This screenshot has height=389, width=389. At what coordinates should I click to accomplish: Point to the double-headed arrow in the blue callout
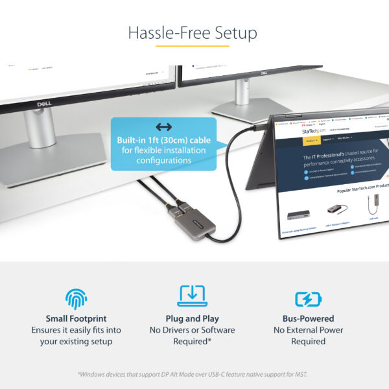point(163,127)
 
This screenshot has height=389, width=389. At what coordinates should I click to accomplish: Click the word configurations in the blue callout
point(163,160)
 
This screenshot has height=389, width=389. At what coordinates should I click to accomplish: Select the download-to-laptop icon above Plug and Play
point(192,296)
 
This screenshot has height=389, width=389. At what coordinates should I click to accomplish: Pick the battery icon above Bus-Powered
point(308,298)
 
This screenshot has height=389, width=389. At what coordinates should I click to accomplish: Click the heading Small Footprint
point(77,318)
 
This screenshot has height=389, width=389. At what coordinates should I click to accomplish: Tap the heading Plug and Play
point(192,318)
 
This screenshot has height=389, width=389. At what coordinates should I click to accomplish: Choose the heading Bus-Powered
point(308,318)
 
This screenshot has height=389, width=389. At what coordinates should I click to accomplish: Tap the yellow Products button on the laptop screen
point(311,140)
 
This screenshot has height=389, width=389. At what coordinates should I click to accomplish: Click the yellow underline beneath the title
point(194,46)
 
